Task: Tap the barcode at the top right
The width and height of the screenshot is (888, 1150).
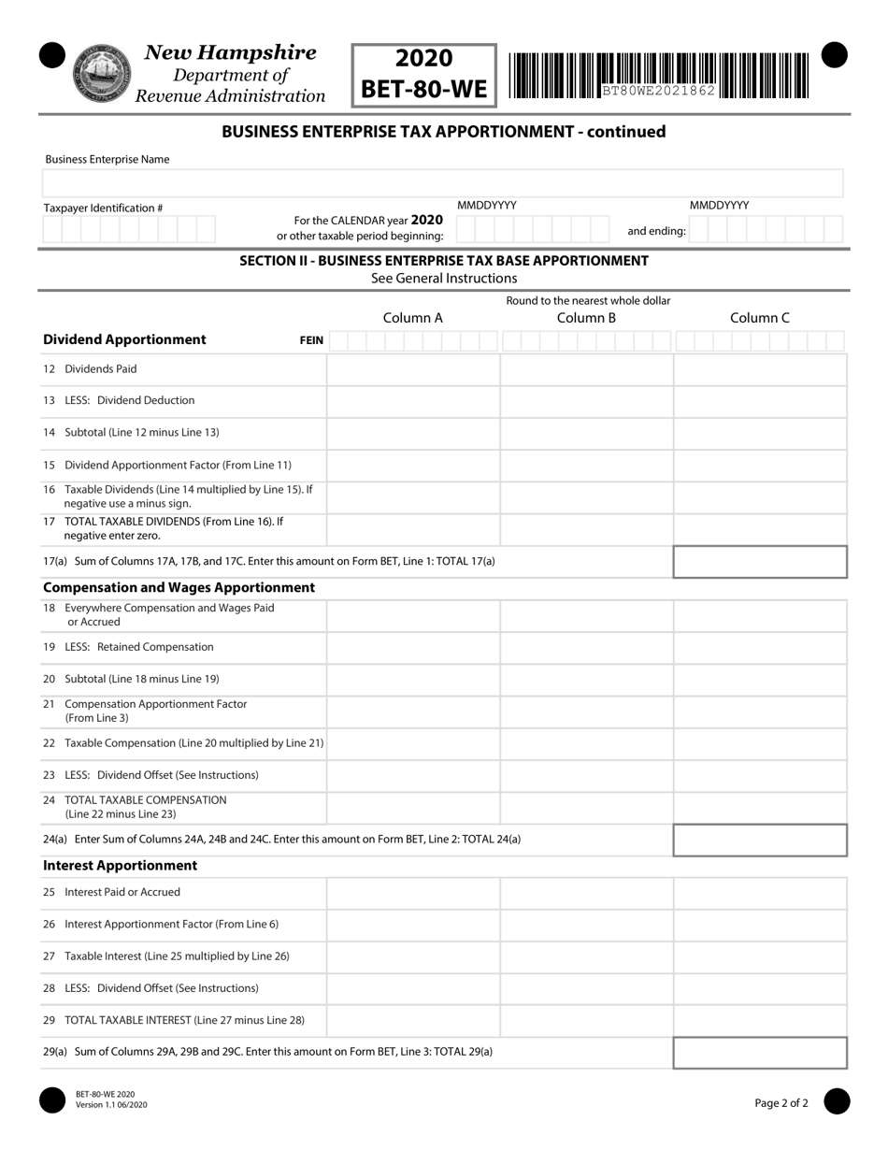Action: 659,76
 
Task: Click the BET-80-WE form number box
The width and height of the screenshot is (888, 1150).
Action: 424,75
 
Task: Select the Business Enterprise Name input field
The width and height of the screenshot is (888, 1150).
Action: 444,183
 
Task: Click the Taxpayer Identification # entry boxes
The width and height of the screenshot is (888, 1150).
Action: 129,229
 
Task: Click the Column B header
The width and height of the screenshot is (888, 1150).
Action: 586,318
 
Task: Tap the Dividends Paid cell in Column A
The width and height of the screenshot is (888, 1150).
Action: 412,369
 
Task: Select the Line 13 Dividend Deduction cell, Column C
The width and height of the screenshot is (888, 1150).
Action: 760,401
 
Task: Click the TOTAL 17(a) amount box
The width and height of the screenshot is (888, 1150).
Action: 760,562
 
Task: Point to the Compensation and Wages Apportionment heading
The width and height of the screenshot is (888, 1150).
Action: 179,587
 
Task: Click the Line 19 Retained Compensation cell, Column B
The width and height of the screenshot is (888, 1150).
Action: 586,647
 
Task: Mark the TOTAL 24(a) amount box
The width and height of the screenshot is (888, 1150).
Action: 760,840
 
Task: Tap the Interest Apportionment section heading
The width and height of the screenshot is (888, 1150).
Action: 121,866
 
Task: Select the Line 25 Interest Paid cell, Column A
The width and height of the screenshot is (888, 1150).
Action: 412,893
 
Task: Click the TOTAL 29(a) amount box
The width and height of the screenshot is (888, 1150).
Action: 760,1052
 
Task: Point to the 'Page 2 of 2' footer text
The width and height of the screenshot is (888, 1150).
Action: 781,1103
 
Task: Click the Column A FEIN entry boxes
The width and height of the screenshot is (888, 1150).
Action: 412,341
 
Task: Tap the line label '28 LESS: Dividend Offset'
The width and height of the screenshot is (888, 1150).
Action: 150,988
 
